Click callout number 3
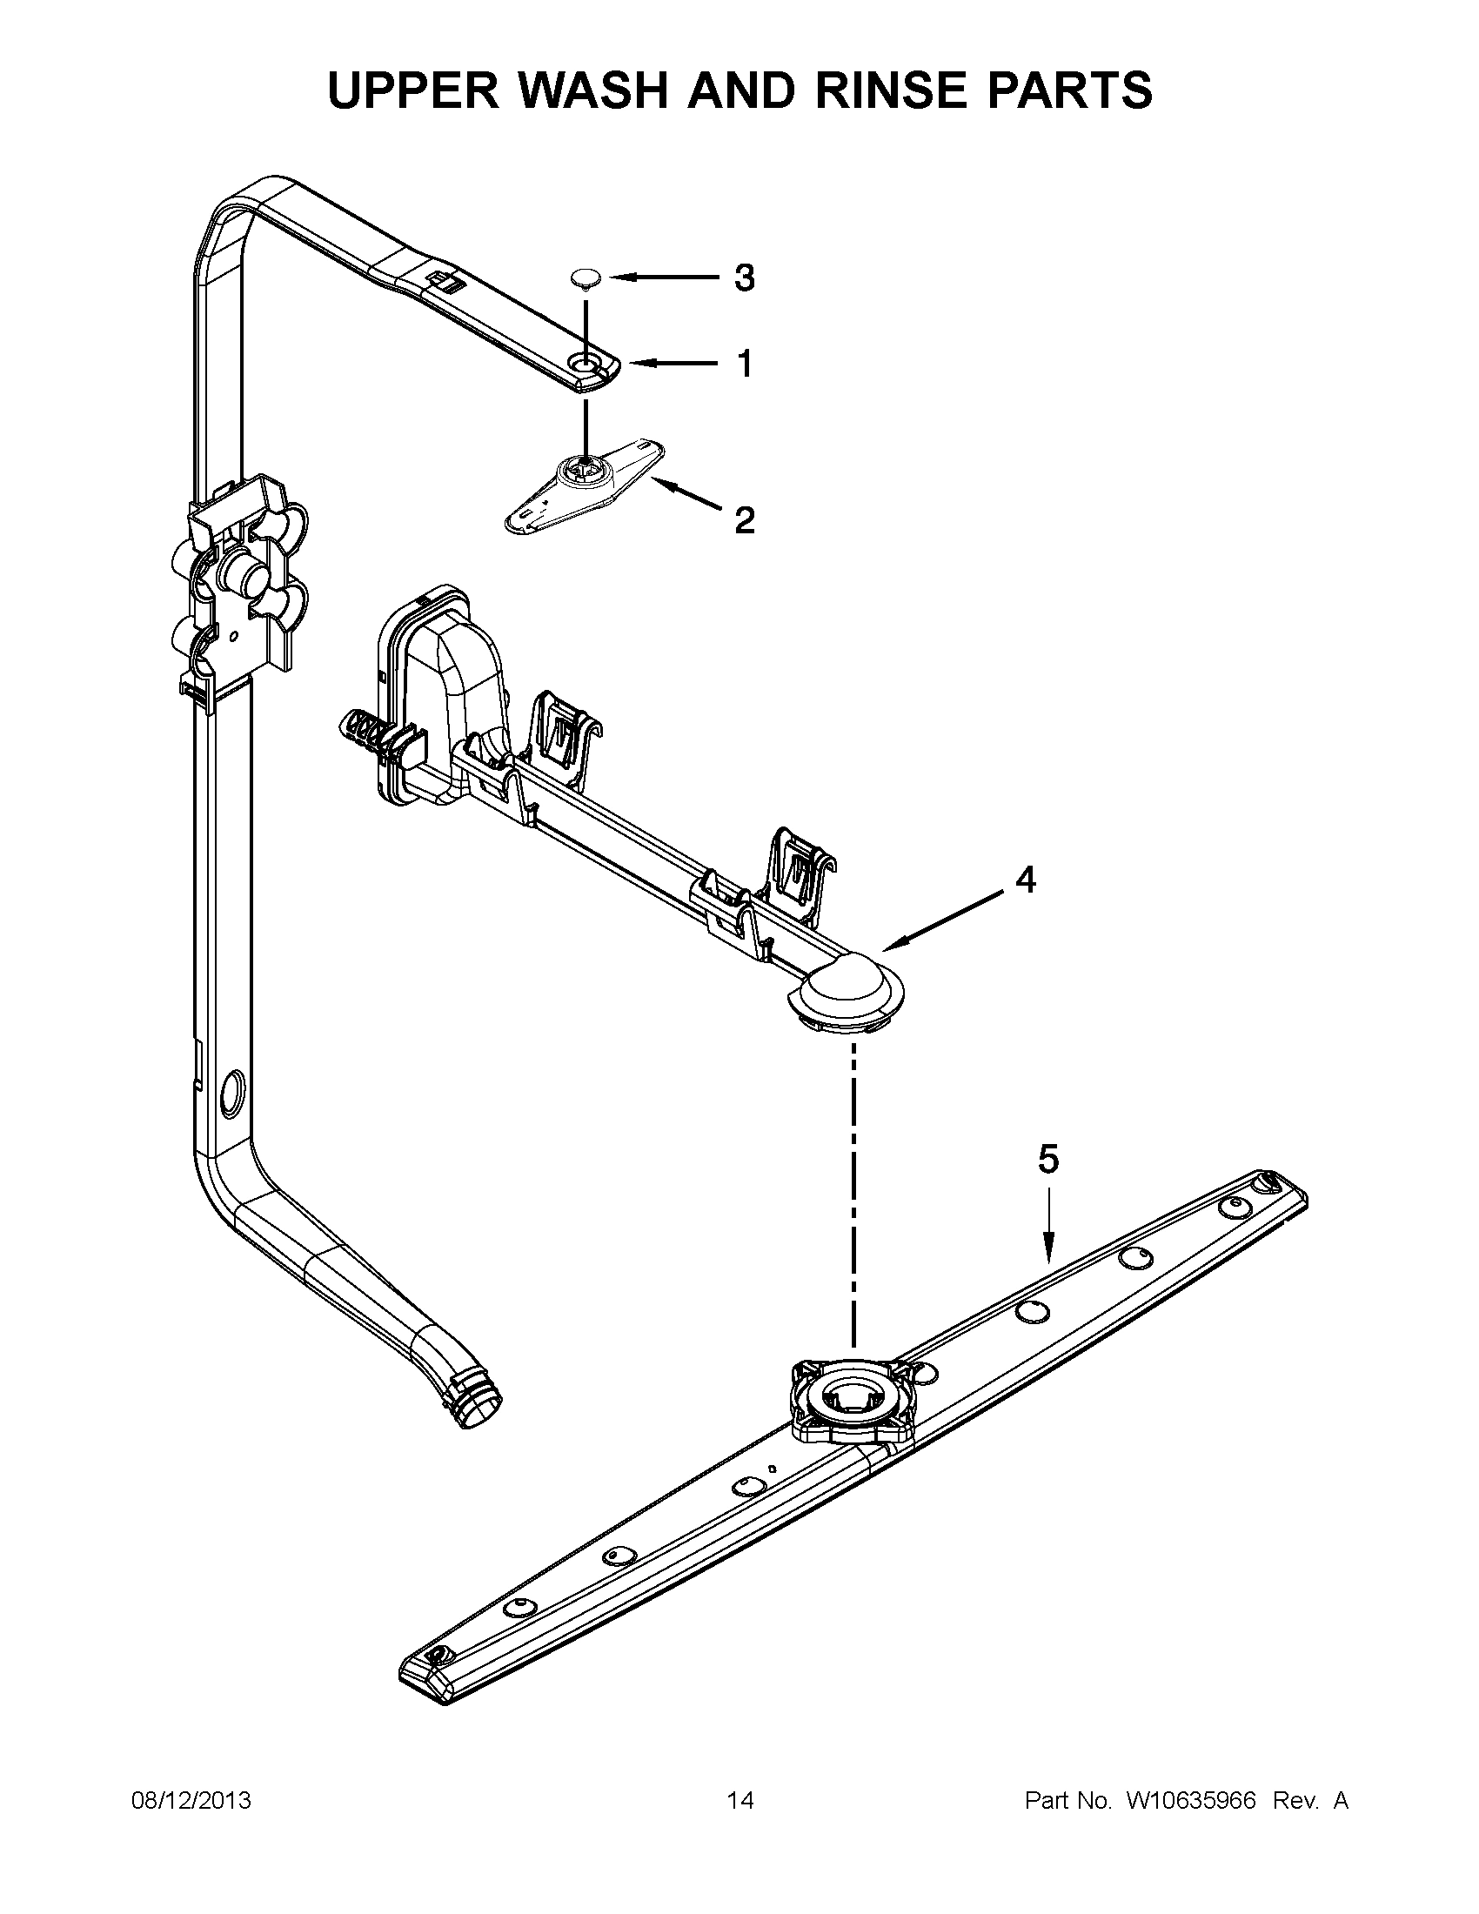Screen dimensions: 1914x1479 pyautogui.click(x=743, y=278)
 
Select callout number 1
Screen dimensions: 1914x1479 pyautogui.click(x=744, y=363)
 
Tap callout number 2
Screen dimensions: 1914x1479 pyautogui.click(x=743, y=520)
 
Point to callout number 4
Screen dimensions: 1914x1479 pyautogui.click(x=1025, y=880)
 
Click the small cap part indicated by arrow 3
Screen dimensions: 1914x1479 pyautogui.click(x=583, y=278)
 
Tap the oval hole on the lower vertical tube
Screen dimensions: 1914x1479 pyautogui.click(x=233, y=1092)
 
